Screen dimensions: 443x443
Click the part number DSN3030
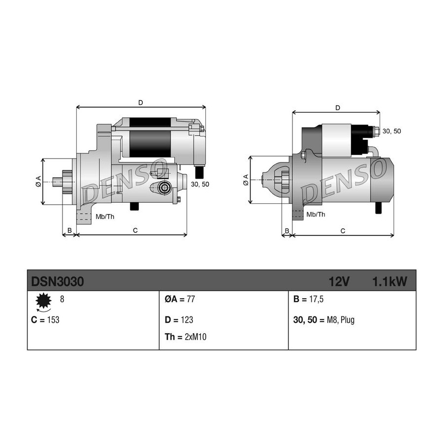[58, 282]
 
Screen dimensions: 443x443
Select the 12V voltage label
[339, 282]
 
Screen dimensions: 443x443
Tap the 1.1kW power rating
[390, 282]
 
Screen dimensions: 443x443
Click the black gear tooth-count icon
[43, 301]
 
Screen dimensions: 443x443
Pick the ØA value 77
[190, 299]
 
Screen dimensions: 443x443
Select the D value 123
[186, 320]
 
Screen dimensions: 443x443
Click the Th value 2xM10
[195, 337]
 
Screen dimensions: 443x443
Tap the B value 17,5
[316, 299]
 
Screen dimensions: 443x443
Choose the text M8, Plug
[341, 320]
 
